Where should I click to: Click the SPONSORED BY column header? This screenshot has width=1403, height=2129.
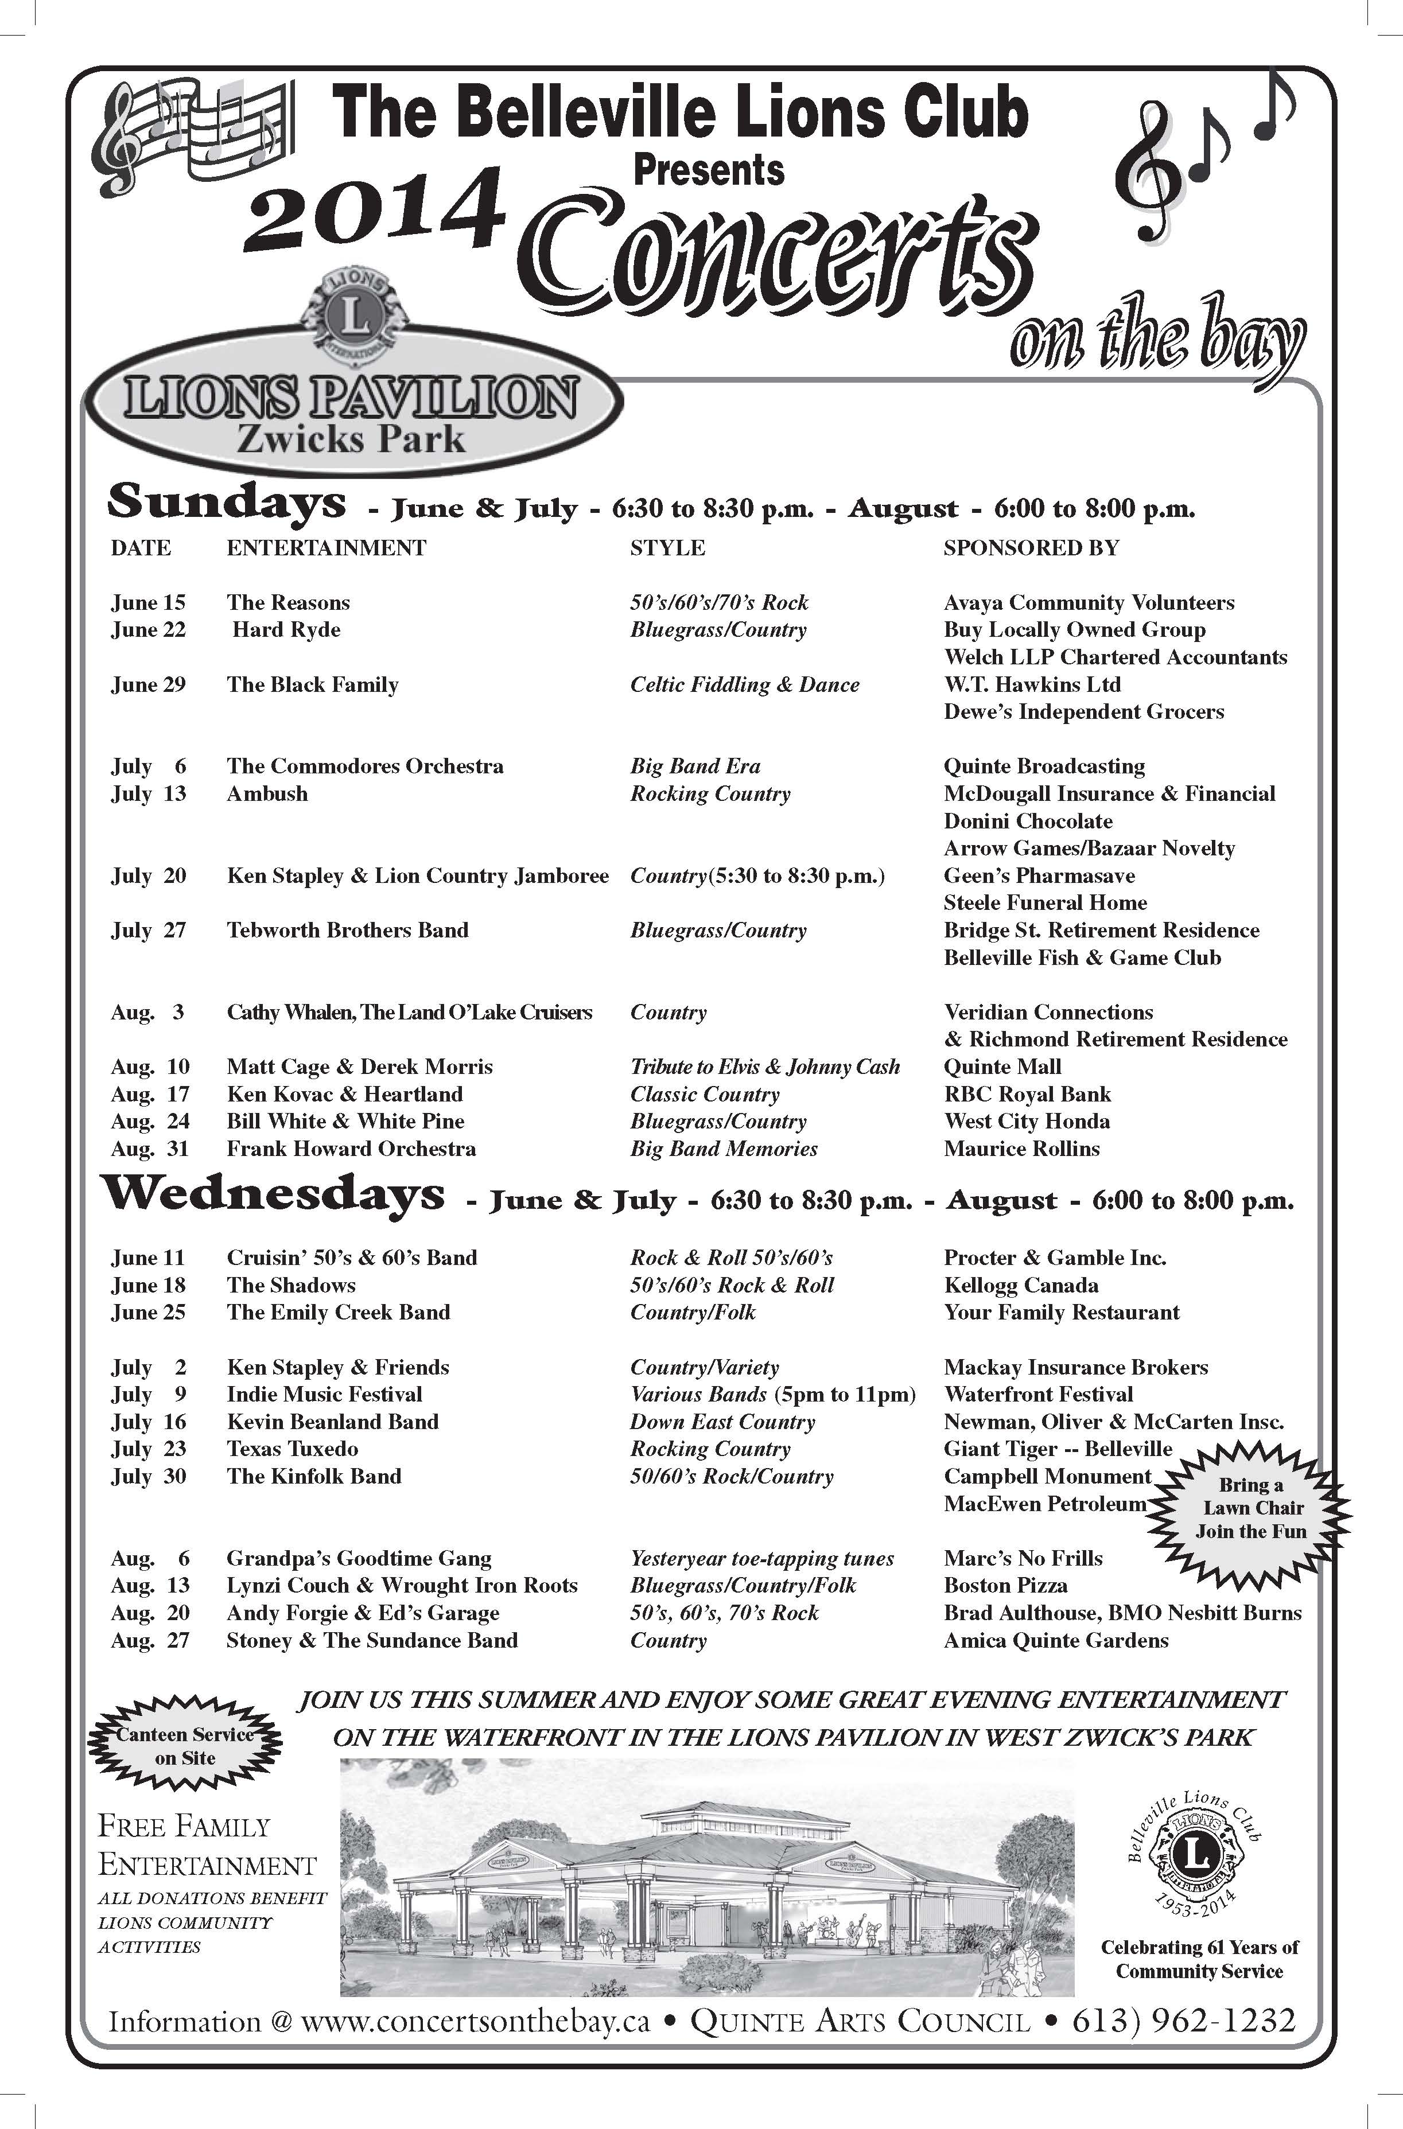(x=1031, y=547)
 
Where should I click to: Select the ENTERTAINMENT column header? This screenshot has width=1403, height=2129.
(x=326, y=547)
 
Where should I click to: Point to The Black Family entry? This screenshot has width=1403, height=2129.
(x=312, y=685)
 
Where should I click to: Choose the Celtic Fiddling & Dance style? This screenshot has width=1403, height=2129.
(x=744, y=685)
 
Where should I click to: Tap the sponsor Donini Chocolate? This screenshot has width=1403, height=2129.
(x=1028, y=821)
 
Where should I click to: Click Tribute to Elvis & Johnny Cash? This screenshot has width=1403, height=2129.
(x=765, y=1067)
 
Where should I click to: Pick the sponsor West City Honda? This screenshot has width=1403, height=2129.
(x=1027, y=1122)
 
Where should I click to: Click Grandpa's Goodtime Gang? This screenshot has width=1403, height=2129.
(x=359, y=1558)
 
